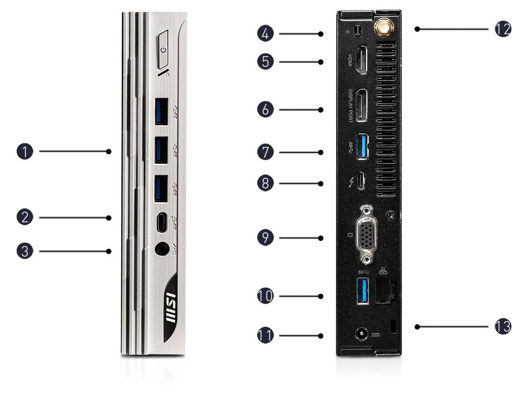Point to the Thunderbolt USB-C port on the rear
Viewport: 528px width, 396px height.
click(x=361, y=181)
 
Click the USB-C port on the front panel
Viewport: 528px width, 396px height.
click(x=161, y=223)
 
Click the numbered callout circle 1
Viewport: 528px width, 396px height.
click(x=25, y=151)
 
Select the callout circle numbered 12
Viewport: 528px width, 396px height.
click(x=503, y=29)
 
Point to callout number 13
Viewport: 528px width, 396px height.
click(x=503, y=327)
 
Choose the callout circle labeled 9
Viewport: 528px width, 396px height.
click(x=265, y=238)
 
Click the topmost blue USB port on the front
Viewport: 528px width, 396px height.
click(x=160, y=111)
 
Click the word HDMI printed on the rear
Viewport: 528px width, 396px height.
click(x=349, y=61)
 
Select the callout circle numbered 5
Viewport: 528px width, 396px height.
click(x=265, y=61)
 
